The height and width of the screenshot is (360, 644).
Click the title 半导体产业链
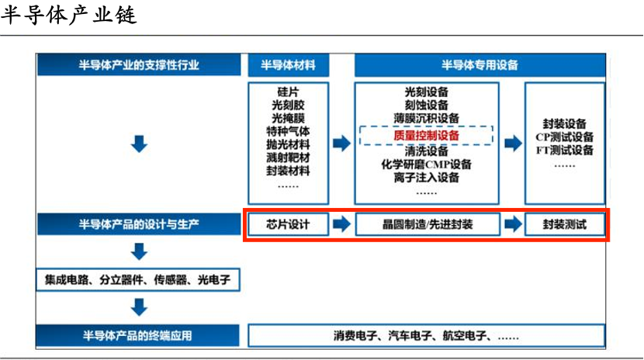68,16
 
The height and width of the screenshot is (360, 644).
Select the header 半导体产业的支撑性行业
139,65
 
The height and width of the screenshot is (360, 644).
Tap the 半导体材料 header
289,65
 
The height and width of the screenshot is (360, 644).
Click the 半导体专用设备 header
480,65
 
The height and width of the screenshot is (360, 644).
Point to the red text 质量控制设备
426,136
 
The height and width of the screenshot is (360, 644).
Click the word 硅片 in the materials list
289,92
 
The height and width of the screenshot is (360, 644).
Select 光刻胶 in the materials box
289,105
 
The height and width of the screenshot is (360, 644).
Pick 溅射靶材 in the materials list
289,157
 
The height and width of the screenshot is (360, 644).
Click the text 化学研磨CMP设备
426,164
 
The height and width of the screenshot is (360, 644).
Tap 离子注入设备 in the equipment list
426,178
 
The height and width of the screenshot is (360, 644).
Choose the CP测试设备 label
564,137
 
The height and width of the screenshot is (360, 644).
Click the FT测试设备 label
564,151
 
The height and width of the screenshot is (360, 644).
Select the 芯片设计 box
289,224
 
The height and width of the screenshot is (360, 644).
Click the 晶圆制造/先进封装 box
428,224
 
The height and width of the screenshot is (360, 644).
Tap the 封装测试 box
565,224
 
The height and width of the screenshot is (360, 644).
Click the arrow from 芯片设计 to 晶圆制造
341,224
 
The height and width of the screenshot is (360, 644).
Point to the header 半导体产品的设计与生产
139,224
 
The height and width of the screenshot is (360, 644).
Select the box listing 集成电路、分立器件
138,280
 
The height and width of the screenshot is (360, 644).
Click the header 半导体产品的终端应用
137,336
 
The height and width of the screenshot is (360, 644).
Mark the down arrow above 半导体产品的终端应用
139,307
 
